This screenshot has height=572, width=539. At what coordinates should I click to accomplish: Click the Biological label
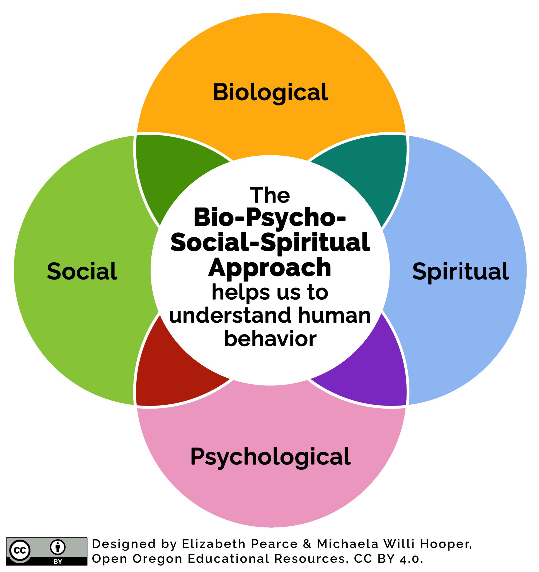pyautogui.click(x=270, y=92)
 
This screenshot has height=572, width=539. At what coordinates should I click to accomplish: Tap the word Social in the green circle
pyautogui.click(x=82, y=271)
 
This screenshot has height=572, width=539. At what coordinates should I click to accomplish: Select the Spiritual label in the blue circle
pyautogui.click(x=460, y=271)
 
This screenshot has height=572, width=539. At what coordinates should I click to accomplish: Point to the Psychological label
pyautogui.click(x=270, y=457)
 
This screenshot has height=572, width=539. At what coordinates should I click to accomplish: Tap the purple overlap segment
pyautogui.click(x=373, y=371)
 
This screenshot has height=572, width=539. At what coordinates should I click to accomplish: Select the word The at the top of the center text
pyautogui.click(x=270, y=195)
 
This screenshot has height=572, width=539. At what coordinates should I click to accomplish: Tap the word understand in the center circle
pyautogui.click(x=230, y=315)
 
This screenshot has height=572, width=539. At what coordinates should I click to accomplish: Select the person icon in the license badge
pyautogui.click(x=58, y=547)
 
